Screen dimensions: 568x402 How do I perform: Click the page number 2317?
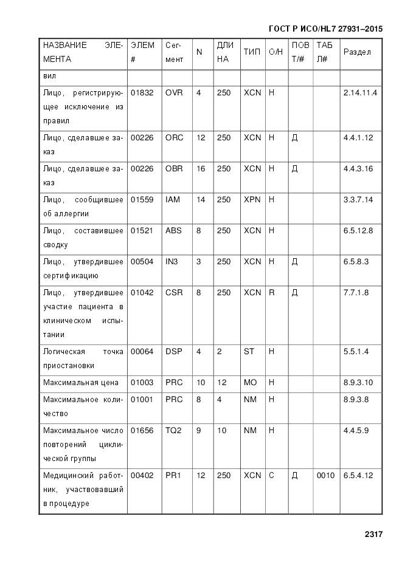(x=373, y=535)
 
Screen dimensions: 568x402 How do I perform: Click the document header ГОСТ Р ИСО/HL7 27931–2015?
(x=325, y=29)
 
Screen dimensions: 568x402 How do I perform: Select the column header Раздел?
(x=357, y=52)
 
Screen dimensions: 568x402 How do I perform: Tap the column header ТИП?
(x=252, y=52)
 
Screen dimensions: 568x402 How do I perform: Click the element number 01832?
(x=142, y=93)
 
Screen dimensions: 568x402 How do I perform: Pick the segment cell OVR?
(x=174, y=93)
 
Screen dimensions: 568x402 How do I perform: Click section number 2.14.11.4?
(x=360, y=93)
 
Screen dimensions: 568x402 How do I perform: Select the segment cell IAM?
(x=173, y=200)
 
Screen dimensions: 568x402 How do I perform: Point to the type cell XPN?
(x=252, y=200)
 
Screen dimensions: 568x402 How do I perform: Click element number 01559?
(x=142, y=200)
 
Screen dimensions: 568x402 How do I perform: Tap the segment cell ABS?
(x=173, y=231)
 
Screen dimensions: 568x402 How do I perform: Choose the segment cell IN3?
(x=172, y=262)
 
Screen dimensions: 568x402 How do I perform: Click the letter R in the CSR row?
(x=272, y=293)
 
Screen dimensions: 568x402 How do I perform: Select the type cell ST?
(x=249, y=352)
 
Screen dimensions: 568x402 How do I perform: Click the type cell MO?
(x=250, y=383)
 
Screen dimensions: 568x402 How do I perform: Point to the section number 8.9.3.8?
(x=358, y=399)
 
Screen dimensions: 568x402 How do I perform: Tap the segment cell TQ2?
(x=173, y=431)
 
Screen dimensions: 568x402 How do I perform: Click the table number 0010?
(x=325, y=476)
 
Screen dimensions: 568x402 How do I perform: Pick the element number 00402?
(x=142, y=476)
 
